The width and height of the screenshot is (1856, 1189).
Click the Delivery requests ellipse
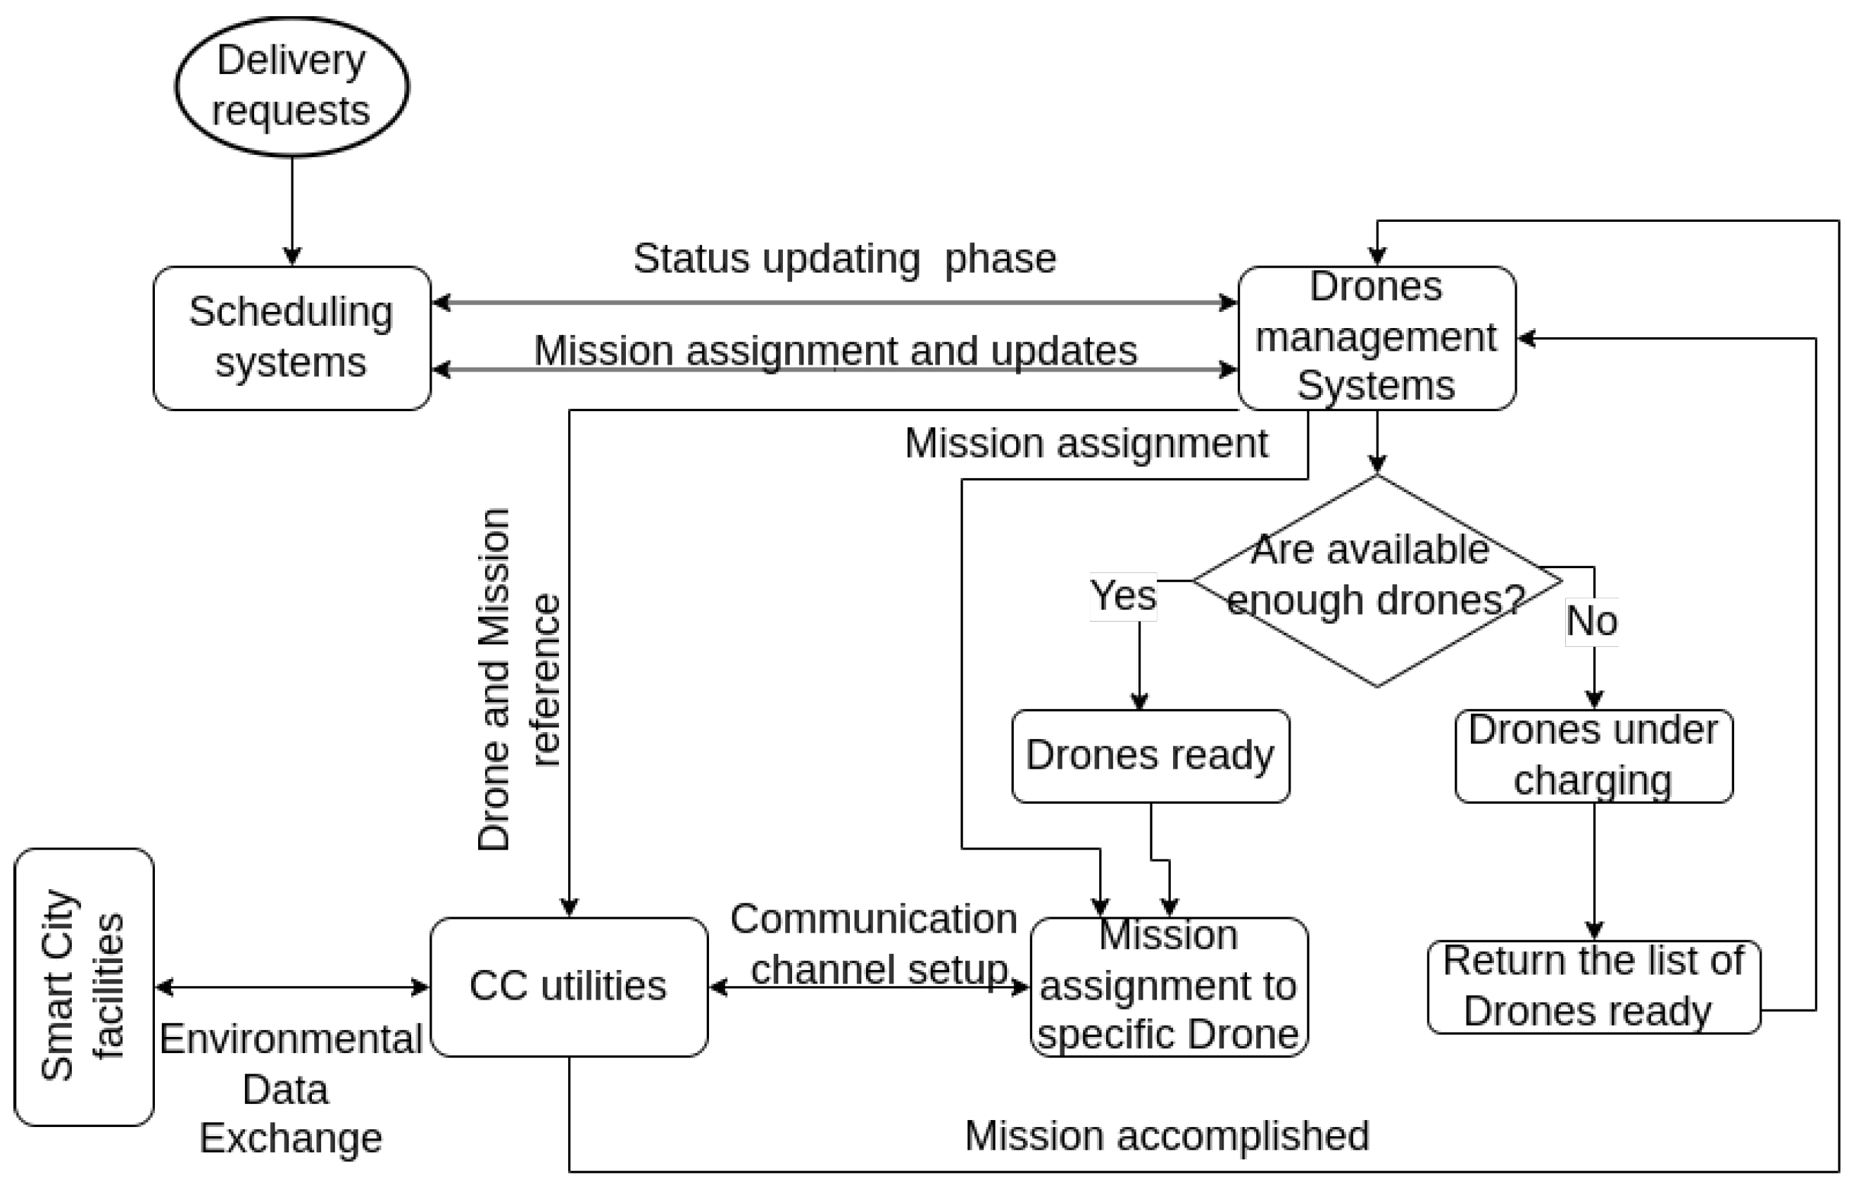click(291, 87)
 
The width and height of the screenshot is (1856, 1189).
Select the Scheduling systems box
click(291, 337)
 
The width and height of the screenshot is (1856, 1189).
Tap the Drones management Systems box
click(1376, 337)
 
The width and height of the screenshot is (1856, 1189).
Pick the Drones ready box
click(1150, 755)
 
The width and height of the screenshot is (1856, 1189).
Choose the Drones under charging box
click(1593, 755)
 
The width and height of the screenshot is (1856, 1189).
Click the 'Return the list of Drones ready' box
click(1593, 986)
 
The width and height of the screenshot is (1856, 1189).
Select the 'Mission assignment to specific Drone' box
click(1168, 986)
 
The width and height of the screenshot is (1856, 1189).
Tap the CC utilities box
click(568, 986)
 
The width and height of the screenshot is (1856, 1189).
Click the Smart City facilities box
click(83, 986)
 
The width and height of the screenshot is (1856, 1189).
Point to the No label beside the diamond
click(1591, 622)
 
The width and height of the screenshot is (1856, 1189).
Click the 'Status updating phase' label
click(844, 258)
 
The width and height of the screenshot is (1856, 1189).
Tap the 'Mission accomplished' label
click(1167, 1135)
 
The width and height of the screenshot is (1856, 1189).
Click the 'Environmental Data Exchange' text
click(289, 1088)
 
